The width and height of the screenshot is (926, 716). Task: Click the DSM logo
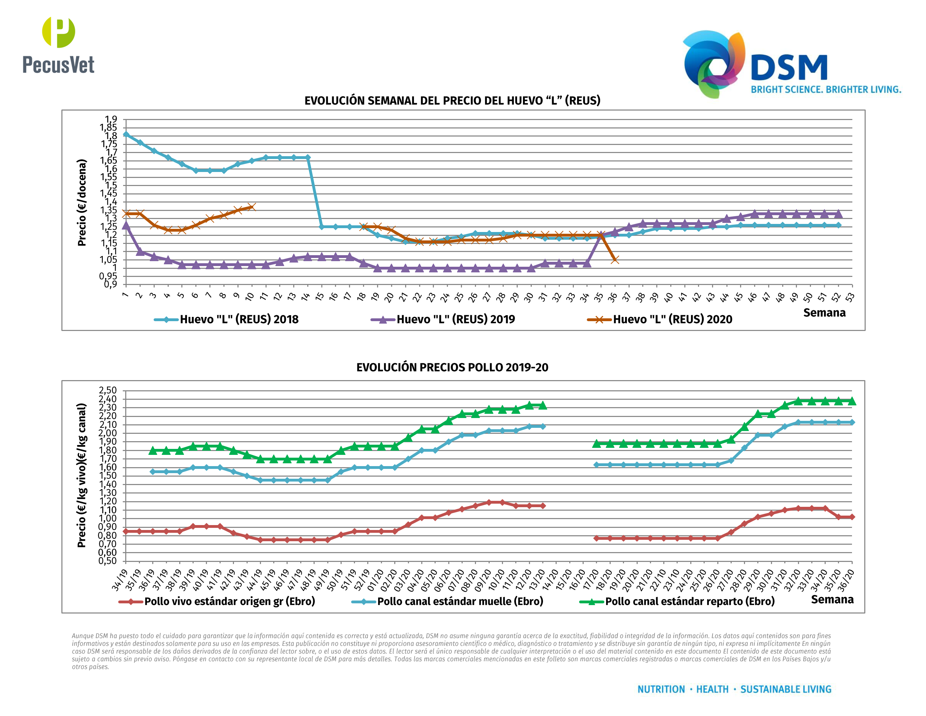[791, 64]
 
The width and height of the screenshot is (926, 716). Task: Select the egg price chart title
[452, 100]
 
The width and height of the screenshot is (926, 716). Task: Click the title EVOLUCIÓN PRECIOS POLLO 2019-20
[452, 367]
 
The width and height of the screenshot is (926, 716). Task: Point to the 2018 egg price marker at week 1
[126, 134]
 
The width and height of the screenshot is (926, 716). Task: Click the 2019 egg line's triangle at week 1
[126, 225]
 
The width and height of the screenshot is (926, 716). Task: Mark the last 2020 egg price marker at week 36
[615, 260]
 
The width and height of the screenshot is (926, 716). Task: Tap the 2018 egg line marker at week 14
[307, 157]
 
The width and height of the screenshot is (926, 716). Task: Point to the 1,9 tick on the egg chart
[111, 119]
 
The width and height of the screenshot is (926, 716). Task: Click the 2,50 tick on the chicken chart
[108, 390]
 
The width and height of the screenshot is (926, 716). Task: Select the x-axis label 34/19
[120, 580]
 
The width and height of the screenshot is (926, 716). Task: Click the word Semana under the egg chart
[824, 313]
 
